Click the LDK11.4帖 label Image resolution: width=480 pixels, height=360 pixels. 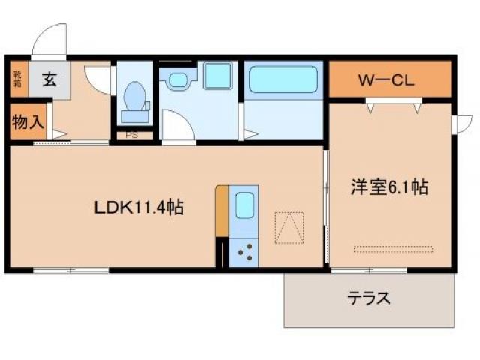(x=139, y=207)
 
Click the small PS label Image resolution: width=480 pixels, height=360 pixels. (x=132, y=136)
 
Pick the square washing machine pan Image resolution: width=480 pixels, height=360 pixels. (x=219, y=76)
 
